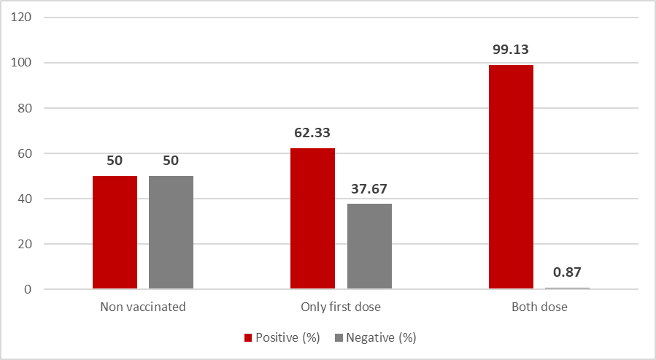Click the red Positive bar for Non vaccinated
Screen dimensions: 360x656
click(x=115, y=232)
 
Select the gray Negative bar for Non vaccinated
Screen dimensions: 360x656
click(x=171, y=232)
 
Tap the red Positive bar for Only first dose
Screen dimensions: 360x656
click(x=312, y=218)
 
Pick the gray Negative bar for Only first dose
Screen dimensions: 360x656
click(x=369, y=246)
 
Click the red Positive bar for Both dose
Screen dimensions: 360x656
click(x=510, y=177)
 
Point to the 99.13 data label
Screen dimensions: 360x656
click(x=510, y=50)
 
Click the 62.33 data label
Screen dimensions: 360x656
click(x=312, y=134)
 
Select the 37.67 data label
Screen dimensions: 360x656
click(x=369, y=189)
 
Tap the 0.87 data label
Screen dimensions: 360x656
click(x=566, y=272)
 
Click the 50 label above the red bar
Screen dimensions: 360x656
click(x=115, y=161)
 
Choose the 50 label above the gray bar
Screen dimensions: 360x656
click(x=171, y=161)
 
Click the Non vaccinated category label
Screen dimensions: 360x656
click(x=143, y=307)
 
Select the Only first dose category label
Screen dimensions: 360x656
click(x=341, y=307)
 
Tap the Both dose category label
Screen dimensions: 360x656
click(x=539, y=307)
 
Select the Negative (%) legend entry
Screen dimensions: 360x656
click(x=376, y=338)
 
